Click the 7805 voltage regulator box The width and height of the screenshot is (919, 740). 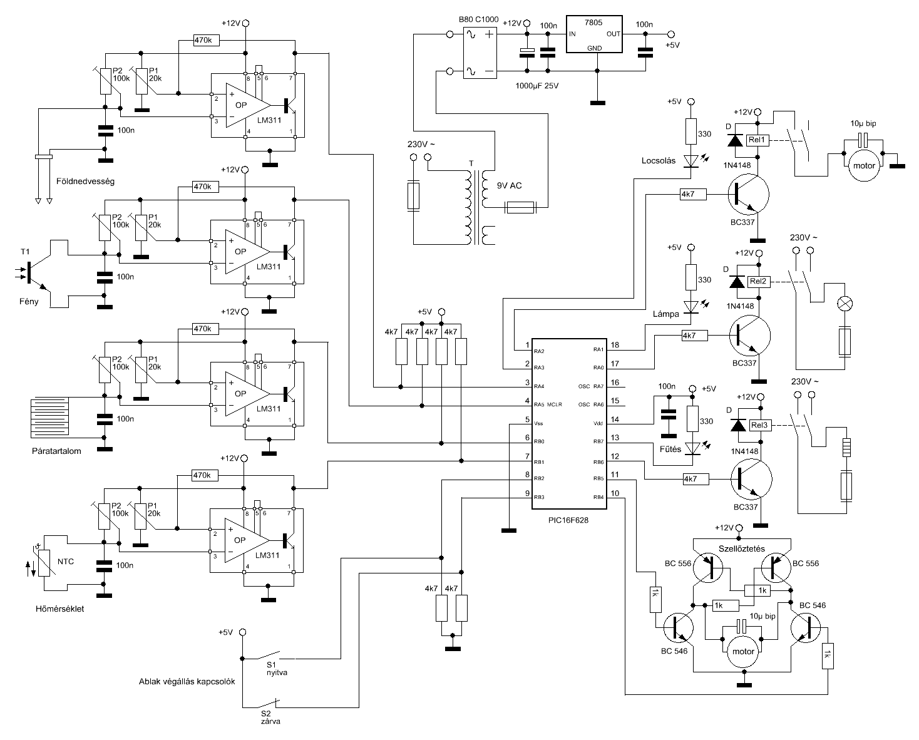point(593,34)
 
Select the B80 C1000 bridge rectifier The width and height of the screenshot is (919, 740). point(480,53)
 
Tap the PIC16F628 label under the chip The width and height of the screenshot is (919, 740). point(568,520)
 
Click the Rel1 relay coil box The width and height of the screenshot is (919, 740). point(757,140)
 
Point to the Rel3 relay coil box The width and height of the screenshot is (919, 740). point(759,425)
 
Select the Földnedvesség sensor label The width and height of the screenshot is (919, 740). point(85,182)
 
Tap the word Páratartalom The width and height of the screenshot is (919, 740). point(56,451)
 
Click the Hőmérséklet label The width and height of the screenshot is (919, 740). point(60,609)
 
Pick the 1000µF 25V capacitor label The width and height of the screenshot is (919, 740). point(537,86)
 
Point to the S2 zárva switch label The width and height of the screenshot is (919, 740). point(270,717)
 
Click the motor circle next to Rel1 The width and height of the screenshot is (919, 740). point(864,166)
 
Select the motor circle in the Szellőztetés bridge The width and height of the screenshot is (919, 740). point(743,652)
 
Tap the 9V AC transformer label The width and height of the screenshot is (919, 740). point(510,186)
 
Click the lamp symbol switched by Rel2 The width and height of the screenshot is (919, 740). point(846,304)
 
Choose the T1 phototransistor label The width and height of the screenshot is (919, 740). point(25,252)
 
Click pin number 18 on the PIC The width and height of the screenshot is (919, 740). point(615,345)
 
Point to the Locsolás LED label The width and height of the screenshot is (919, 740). point(659,161)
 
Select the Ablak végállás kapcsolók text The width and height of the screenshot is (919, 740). point(187,682)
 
